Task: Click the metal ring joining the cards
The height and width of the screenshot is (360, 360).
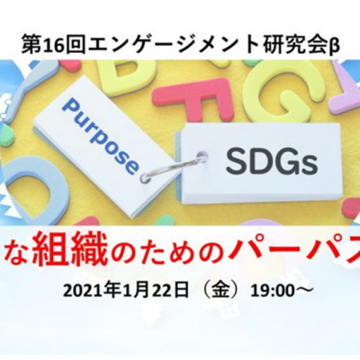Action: coord(169,168)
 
